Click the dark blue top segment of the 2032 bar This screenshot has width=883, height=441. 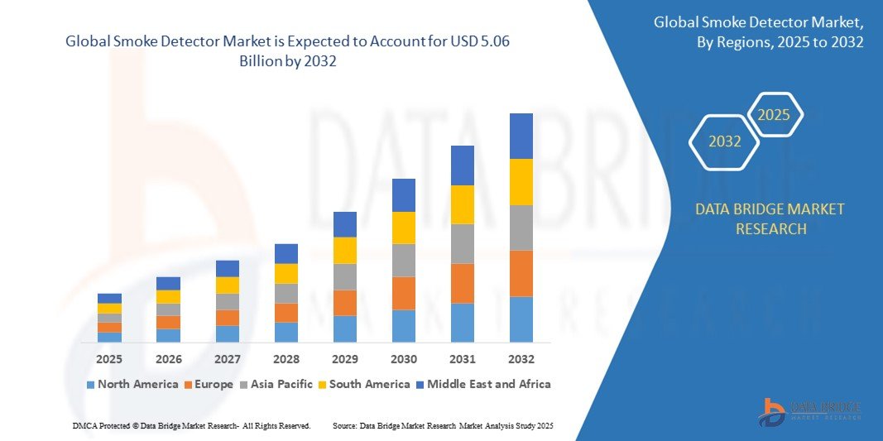point(521,136)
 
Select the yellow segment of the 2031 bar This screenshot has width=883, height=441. point(462,204)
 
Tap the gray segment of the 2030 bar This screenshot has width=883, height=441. point(403,260)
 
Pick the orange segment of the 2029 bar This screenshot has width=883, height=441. point(344,302)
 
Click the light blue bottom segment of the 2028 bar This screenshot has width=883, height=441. point(286,332)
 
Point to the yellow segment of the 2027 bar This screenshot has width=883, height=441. point(227,285)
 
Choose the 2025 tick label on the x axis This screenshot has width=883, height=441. point(109,359)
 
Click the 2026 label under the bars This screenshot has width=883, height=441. point(168,359)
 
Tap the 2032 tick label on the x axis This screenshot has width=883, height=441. point(521,359)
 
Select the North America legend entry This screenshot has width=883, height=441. point(132,384)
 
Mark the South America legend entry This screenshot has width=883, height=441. point(369,384)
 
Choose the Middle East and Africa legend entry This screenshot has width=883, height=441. point(483,384)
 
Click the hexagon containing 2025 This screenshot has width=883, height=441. point(774,115)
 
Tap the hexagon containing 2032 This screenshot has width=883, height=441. point(725,141)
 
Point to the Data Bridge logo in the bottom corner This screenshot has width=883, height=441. point(810,411)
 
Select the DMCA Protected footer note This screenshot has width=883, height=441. point(191,425)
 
